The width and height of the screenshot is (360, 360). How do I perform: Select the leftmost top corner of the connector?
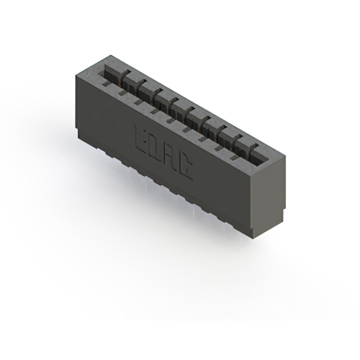tap(75, 75)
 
